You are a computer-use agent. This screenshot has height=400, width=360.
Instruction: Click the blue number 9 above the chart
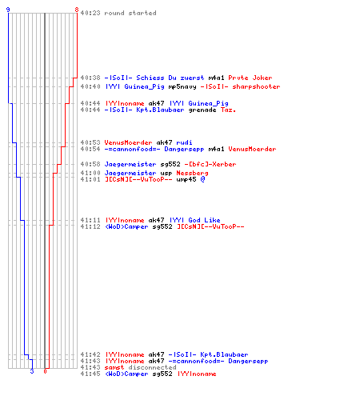pos(8,10)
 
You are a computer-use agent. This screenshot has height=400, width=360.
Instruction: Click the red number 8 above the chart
pos(77,10)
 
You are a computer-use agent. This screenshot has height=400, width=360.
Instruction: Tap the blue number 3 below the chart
pos(32,371)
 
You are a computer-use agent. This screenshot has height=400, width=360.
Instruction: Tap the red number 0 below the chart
pos(45,371)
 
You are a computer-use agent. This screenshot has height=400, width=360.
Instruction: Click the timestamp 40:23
pos(90,13)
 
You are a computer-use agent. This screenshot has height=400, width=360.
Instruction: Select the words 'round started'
pos(130,13)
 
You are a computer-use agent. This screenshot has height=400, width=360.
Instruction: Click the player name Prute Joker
pos(250,78)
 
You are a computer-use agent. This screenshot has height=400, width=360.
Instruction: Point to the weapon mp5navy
pos(182,86)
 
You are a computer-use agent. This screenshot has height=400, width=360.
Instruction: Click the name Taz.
pos(228,110)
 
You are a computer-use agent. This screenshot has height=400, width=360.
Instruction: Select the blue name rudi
pos(184,142)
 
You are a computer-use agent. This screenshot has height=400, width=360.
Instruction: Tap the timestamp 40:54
pos(90,149)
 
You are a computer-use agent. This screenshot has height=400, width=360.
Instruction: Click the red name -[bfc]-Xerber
pos(210,164)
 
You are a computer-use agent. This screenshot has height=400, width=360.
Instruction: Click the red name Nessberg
pos(192,173)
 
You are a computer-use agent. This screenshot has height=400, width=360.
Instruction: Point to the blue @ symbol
pos(202,179)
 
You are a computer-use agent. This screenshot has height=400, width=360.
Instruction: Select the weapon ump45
pos(186,179)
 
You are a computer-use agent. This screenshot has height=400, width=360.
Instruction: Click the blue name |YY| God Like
pos(195,220)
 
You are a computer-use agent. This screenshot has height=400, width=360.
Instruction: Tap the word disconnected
pos(152,367)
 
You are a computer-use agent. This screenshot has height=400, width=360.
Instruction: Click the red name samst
pos(114,367)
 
